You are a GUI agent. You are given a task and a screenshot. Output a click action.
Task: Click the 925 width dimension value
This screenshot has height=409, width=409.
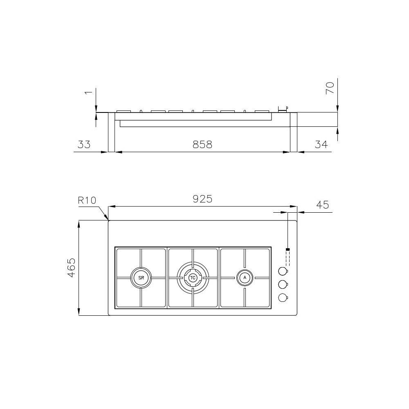point(202,199)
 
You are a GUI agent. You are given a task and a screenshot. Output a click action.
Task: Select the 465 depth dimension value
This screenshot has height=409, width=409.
point(71,268)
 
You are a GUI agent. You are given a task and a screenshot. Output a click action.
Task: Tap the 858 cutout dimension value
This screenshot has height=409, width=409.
point(202,144)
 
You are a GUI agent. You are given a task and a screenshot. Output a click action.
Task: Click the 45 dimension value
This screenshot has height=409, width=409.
point(323,204)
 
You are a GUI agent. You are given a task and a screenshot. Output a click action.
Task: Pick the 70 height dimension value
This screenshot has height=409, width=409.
point(330,88)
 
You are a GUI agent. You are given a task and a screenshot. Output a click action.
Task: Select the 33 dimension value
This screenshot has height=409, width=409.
point(83,144)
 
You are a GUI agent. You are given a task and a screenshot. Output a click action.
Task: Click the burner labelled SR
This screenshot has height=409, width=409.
point(141,278)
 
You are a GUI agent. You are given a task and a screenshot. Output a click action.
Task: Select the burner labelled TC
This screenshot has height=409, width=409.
point(193,278)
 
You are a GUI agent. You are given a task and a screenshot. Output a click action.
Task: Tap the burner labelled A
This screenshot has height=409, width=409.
point(245,278)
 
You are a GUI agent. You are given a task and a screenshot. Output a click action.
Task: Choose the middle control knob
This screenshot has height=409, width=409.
point(282,284)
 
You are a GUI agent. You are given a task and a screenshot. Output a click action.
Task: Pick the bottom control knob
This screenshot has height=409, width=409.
point(282,298)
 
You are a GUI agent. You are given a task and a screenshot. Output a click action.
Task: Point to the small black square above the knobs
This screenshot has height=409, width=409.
point(288,249)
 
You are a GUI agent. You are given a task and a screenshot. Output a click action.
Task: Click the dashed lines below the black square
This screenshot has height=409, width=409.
point(288,258)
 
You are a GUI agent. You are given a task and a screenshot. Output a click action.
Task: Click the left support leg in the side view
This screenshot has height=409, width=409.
point(112,132)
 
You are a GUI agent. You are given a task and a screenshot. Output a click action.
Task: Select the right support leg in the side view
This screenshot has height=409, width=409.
point(293,132)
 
